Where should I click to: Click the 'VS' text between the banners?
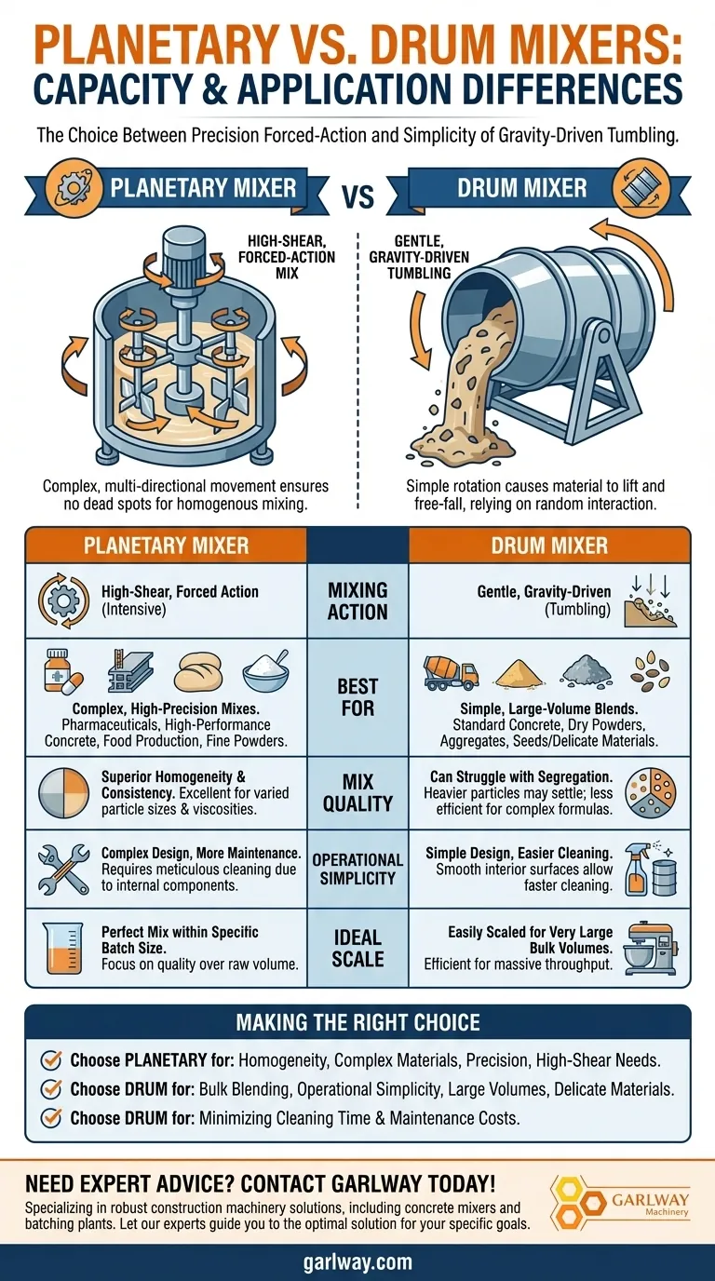(x=358, y=196)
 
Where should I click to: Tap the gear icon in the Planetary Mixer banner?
(x=69, y=188)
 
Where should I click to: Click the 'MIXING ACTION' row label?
(x=357, y=601)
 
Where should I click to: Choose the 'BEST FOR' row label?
(x=357, y=697)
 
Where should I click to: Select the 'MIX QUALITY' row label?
(x=357, y=792)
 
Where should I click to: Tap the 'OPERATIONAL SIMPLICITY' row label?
(x=357, y=869)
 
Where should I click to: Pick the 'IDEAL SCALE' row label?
(x=357, y=948)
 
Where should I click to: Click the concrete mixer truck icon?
(x=451, y=672)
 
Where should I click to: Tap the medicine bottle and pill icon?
(x=63, y=671)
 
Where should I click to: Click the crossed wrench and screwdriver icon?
(x=63, y=870)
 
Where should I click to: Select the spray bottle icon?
(x=637, y=869)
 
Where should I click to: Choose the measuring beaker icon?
(x=62, y=948)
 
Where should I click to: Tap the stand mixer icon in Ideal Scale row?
(x=651, y=948)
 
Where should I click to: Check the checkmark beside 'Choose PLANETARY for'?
(x=51, y=1059)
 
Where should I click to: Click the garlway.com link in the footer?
(x=357, y=1262)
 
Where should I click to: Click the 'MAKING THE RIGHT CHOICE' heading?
(x=357, y=1022)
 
